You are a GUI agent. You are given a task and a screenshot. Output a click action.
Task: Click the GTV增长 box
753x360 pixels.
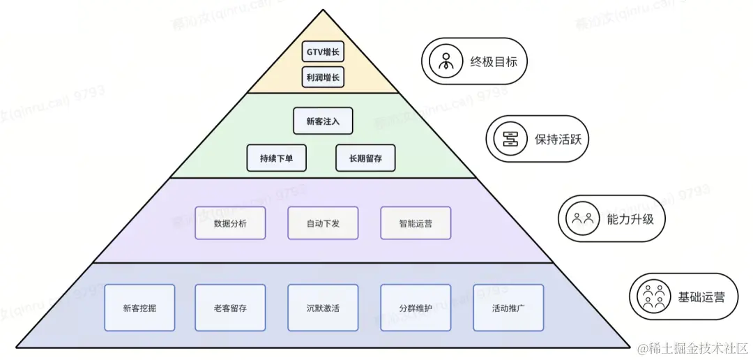[323, 52]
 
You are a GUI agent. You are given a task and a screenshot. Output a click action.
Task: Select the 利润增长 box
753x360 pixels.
[323, 77]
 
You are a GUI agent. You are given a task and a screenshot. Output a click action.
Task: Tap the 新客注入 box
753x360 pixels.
[323, 121]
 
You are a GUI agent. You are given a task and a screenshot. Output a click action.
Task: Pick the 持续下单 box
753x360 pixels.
[277, 158]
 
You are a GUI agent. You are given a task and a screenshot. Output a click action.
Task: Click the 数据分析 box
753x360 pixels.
[230, 223]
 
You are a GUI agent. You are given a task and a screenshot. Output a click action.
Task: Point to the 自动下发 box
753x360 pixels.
[323, 223]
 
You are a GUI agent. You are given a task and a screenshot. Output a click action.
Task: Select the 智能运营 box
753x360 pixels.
[416, 223]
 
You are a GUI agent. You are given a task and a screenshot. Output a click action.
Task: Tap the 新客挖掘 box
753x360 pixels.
[139, 307]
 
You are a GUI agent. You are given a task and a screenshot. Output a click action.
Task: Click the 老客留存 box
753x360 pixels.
[230, 307]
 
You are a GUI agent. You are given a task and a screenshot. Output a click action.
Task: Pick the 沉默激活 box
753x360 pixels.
[323, 307]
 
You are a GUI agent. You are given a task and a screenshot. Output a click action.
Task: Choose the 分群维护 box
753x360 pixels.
[416, 307]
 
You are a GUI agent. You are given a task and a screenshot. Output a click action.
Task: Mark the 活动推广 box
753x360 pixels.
[508, 307]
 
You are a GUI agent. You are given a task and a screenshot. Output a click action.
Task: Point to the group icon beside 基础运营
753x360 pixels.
[653, 297]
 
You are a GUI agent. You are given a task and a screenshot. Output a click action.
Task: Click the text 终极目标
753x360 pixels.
[494, 62]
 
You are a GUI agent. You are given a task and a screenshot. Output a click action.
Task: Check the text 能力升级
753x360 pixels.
[630, 218]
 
